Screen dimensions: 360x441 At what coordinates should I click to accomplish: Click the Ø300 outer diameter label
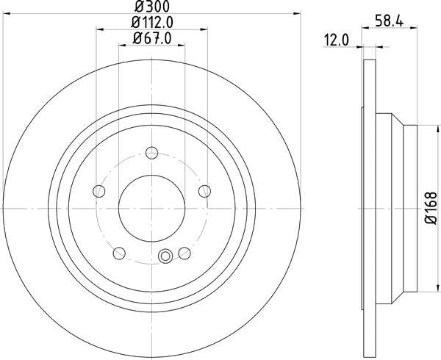click(151, 6)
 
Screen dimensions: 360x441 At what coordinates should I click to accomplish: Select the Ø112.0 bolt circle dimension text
click(151, 22)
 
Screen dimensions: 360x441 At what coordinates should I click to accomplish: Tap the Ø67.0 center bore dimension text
click(151, 39)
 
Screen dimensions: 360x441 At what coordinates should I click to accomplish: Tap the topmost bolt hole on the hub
click(151, 153)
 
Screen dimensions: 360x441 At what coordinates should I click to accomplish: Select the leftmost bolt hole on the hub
click(98, 191)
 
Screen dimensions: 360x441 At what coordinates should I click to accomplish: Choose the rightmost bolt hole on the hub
click(204, 191)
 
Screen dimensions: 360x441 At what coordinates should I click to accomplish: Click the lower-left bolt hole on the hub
click(118, 253)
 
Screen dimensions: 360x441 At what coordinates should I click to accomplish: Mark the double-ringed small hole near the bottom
click(165, 256)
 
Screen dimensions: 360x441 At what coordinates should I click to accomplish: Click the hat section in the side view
click(397, 209)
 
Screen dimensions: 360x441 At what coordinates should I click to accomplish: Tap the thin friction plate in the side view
click(365, 209)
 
